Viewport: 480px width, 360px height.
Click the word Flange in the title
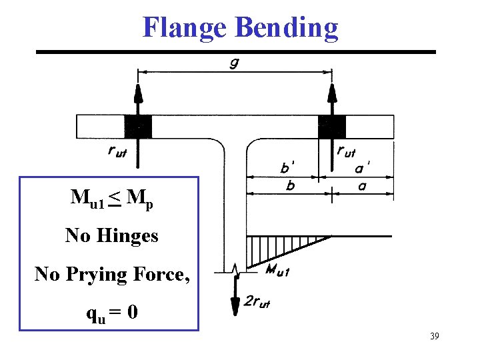click(183, 28)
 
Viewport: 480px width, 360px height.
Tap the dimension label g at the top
click(235, 62)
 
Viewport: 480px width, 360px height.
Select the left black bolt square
click(138, 126)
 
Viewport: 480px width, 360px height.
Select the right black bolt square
click(331, 126)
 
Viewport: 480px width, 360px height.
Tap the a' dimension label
click(363, 167)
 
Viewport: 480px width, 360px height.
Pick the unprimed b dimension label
click(290, 186)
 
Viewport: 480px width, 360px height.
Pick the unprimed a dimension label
click(362, 186)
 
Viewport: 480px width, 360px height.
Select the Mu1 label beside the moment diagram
click(277, 269)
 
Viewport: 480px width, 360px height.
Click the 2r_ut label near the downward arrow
click(257, 301)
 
